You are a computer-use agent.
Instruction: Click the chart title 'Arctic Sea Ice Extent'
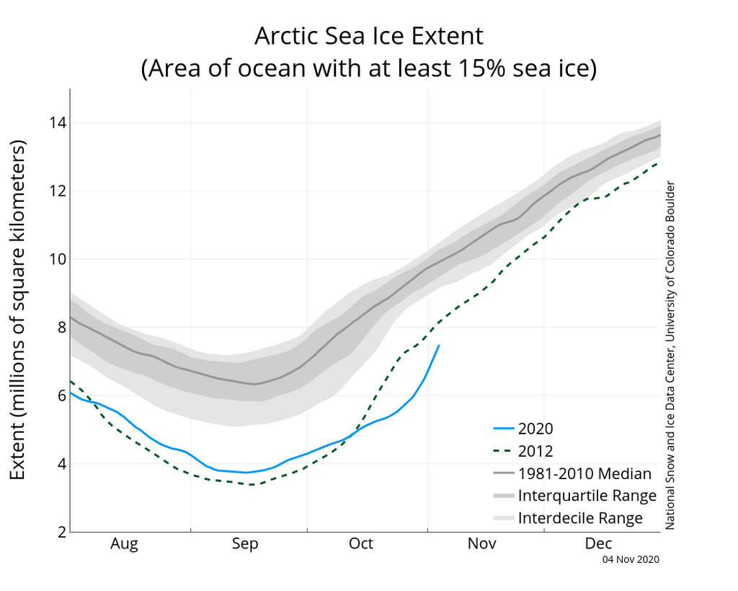(368, 35)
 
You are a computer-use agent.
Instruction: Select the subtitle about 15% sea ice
(368, 69)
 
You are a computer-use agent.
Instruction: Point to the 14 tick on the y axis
(57, 123)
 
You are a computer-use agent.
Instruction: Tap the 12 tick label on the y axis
(57, 191)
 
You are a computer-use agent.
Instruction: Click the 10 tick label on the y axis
(57, 259)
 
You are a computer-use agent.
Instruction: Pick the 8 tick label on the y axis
(61, 328)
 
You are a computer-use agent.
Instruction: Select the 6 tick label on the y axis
(61, 395)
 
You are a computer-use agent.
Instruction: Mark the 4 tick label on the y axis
(61, 464)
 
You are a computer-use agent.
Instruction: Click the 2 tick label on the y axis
(61, 532)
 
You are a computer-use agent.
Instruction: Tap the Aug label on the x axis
(124, 543)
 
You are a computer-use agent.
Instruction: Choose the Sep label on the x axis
(244, 543)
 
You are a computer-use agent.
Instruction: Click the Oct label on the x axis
(360, 543)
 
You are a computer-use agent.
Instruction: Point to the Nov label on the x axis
(481, 543)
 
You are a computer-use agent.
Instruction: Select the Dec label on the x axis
(598, 543)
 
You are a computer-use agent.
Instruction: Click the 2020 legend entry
(535, 429)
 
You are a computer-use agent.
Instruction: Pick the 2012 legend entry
(535, 452)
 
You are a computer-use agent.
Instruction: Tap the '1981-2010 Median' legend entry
(584, 474)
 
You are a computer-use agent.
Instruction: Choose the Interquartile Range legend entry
(587, 496)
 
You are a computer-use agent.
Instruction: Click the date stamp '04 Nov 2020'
(631, 559)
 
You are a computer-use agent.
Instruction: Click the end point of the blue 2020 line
(439, 345)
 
